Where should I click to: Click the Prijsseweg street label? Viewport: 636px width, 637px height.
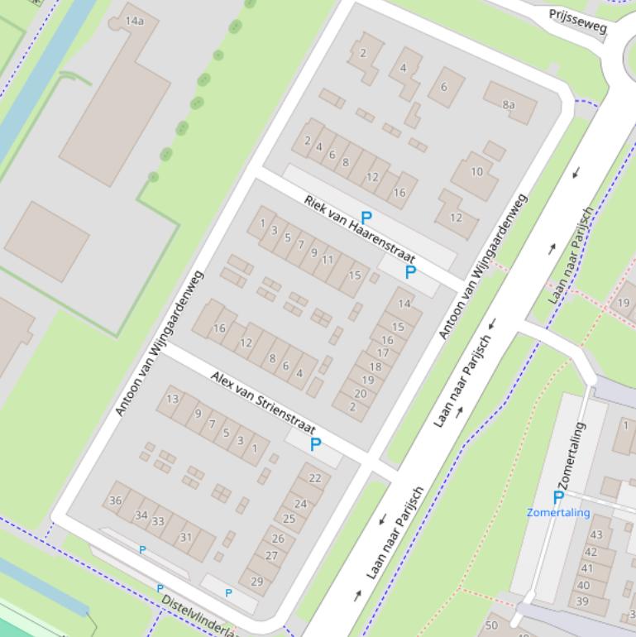pyautogui.click(x=578, y=22)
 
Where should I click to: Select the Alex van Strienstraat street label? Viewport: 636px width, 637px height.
pyautogui.click(x=262, y=403)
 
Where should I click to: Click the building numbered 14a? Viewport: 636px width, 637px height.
pyautogui.click(x=134, y=21)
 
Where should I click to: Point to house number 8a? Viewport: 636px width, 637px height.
pyautogui.click(x=509, y=104)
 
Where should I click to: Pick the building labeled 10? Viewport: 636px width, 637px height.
pyautogui.click(x=476, y=172)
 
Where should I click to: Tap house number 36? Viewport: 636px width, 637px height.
pyautogui.click(x=116, y=500)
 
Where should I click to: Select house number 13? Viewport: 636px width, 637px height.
pyautogui.click(x=172, y=399)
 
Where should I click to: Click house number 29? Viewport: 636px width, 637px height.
pyautogui.click(x=256, y=582)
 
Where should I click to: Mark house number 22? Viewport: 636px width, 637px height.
pyautogui.click(x=314, y=478)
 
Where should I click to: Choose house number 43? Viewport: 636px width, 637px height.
pyautogui.click(x=595, y=534)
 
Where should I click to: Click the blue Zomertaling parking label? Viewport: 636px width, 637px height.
pyautogui.click(x=558, y=512)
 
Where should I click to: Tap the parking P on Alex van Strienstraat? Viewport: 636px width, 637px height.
pyautogui.click(x=315, y=444)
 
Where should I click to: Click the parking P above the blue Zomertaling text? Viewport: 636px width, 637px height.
pyautogui.click(x=558, y=496)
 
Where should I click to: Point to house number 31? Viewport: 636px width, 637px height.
pyautogui.click(x=186, y=537)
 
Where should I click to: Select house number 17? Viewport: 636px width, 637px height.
pyautogui.click(x=383, y=353)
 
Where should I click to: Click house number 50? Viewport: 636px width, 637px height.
pyautogui.click(x=492, y=625)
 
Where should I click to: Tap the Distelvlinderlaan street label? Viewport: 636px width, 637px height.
pyautogui.click(x=198, y=615)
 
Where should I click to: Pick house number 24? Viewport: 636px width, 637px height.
pyautogui.click(x=300, y=503)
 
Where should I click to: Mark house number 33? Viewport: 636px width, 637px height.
pyautogui.click(x=158, y=521)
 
